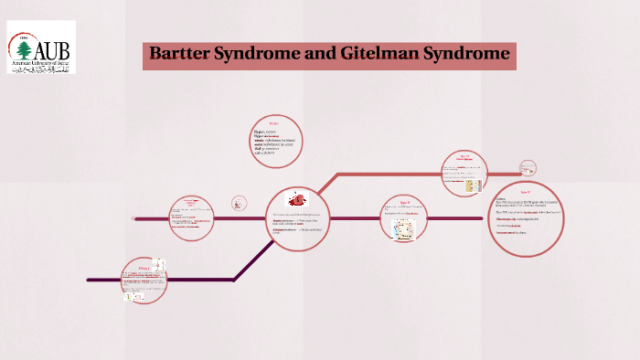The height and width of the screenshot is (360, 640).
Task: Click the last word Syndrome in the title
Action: [467, 54]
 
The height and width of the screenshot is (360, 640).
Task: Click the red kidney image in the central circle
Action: [298, 199]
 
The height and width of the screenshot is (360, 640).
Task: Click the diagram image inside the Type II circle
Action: [404, 228]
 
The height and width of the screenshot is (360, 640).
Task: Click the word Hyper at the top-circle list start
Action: [261, 132]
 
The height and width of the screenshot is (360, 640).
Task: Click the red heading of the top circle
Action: [272, 123]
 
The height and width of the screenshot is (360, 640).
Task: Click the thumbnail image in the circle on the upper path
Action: [473, 184]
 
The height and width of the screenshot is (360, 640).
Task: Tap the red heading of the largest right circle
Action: [526, 192]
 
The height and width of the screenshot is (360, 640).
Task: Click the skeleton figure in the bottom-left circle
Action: [158, 266]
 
